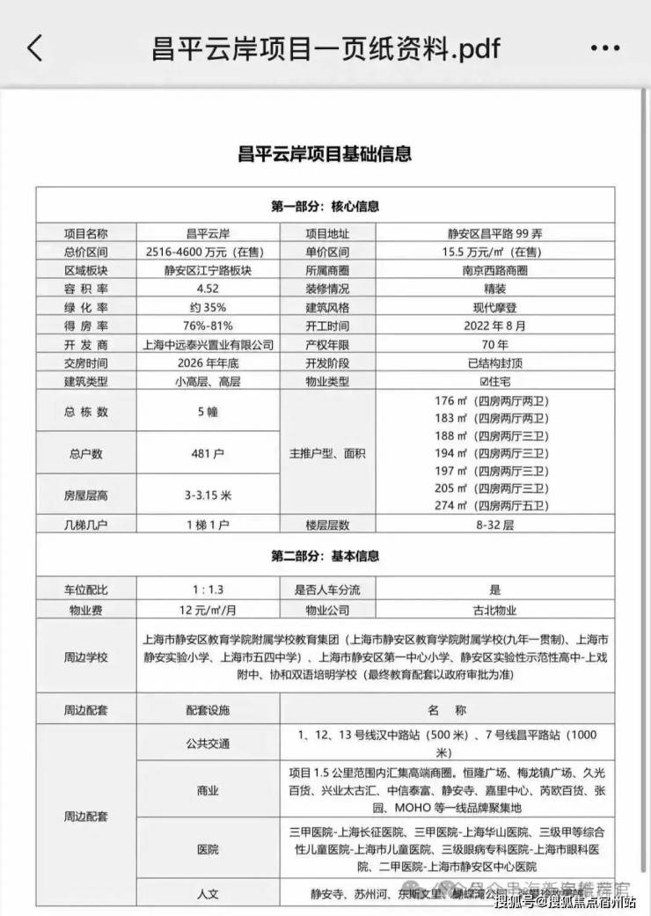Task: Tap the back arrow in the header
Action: pos(35,48)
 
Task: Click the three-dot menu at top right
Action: pos(605,48)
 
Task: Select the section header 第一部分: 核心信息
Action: pos(325,206)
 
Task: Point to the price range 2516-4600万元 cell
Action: pos(208,252)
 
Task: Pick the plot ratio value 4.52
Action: pos(208,289)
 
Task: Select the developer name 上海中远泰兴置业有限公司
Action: pos(208,344)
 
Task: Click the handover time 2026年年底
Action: pos(208,363)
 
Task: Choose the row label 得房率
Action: pos(85,326)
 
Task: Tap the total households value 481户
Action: pos(208,454)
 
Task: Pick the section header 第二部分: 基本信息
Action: pos(325,556)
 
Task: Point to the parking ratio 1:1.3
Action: pos(208,590)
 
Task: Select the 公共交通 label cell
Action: pos(208,744)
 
